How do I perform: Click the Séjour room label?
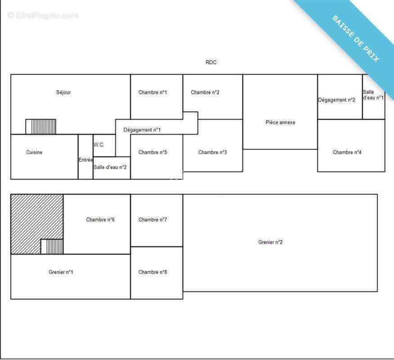point(63,93)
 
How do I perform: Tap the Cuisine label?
point(34,152)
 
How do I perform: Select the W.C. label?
point(99,144)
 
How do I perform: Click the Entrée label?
point(86,160)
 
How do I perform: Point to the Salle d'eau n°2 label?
point(110,167)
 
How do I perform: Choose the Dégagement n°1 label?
point(142,130)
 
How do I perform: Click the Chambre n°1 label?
point(152,92)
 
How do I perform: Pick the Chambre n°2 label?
point(205,92)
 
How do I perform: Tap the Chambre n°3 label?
point(212,152)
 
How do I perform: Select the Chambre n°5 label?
point(152,152)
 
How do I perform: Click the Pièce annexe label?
point(280,122)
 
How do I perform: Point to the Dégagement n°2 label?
point(337,100)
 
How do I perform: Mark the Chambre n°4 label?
point(347,152)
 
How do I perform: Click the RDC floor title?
point(211,63)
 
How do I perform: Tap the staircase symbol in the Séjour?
point(41,127)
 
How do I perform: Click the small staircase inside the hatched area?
point(52,247)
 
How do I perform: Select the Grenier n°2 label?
point(270,242)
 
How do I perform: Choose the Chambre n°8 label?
point(152,272)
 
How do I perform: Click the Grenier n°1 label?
point(61,272)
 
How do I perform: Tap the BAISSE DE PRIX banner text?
point(356,39)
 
